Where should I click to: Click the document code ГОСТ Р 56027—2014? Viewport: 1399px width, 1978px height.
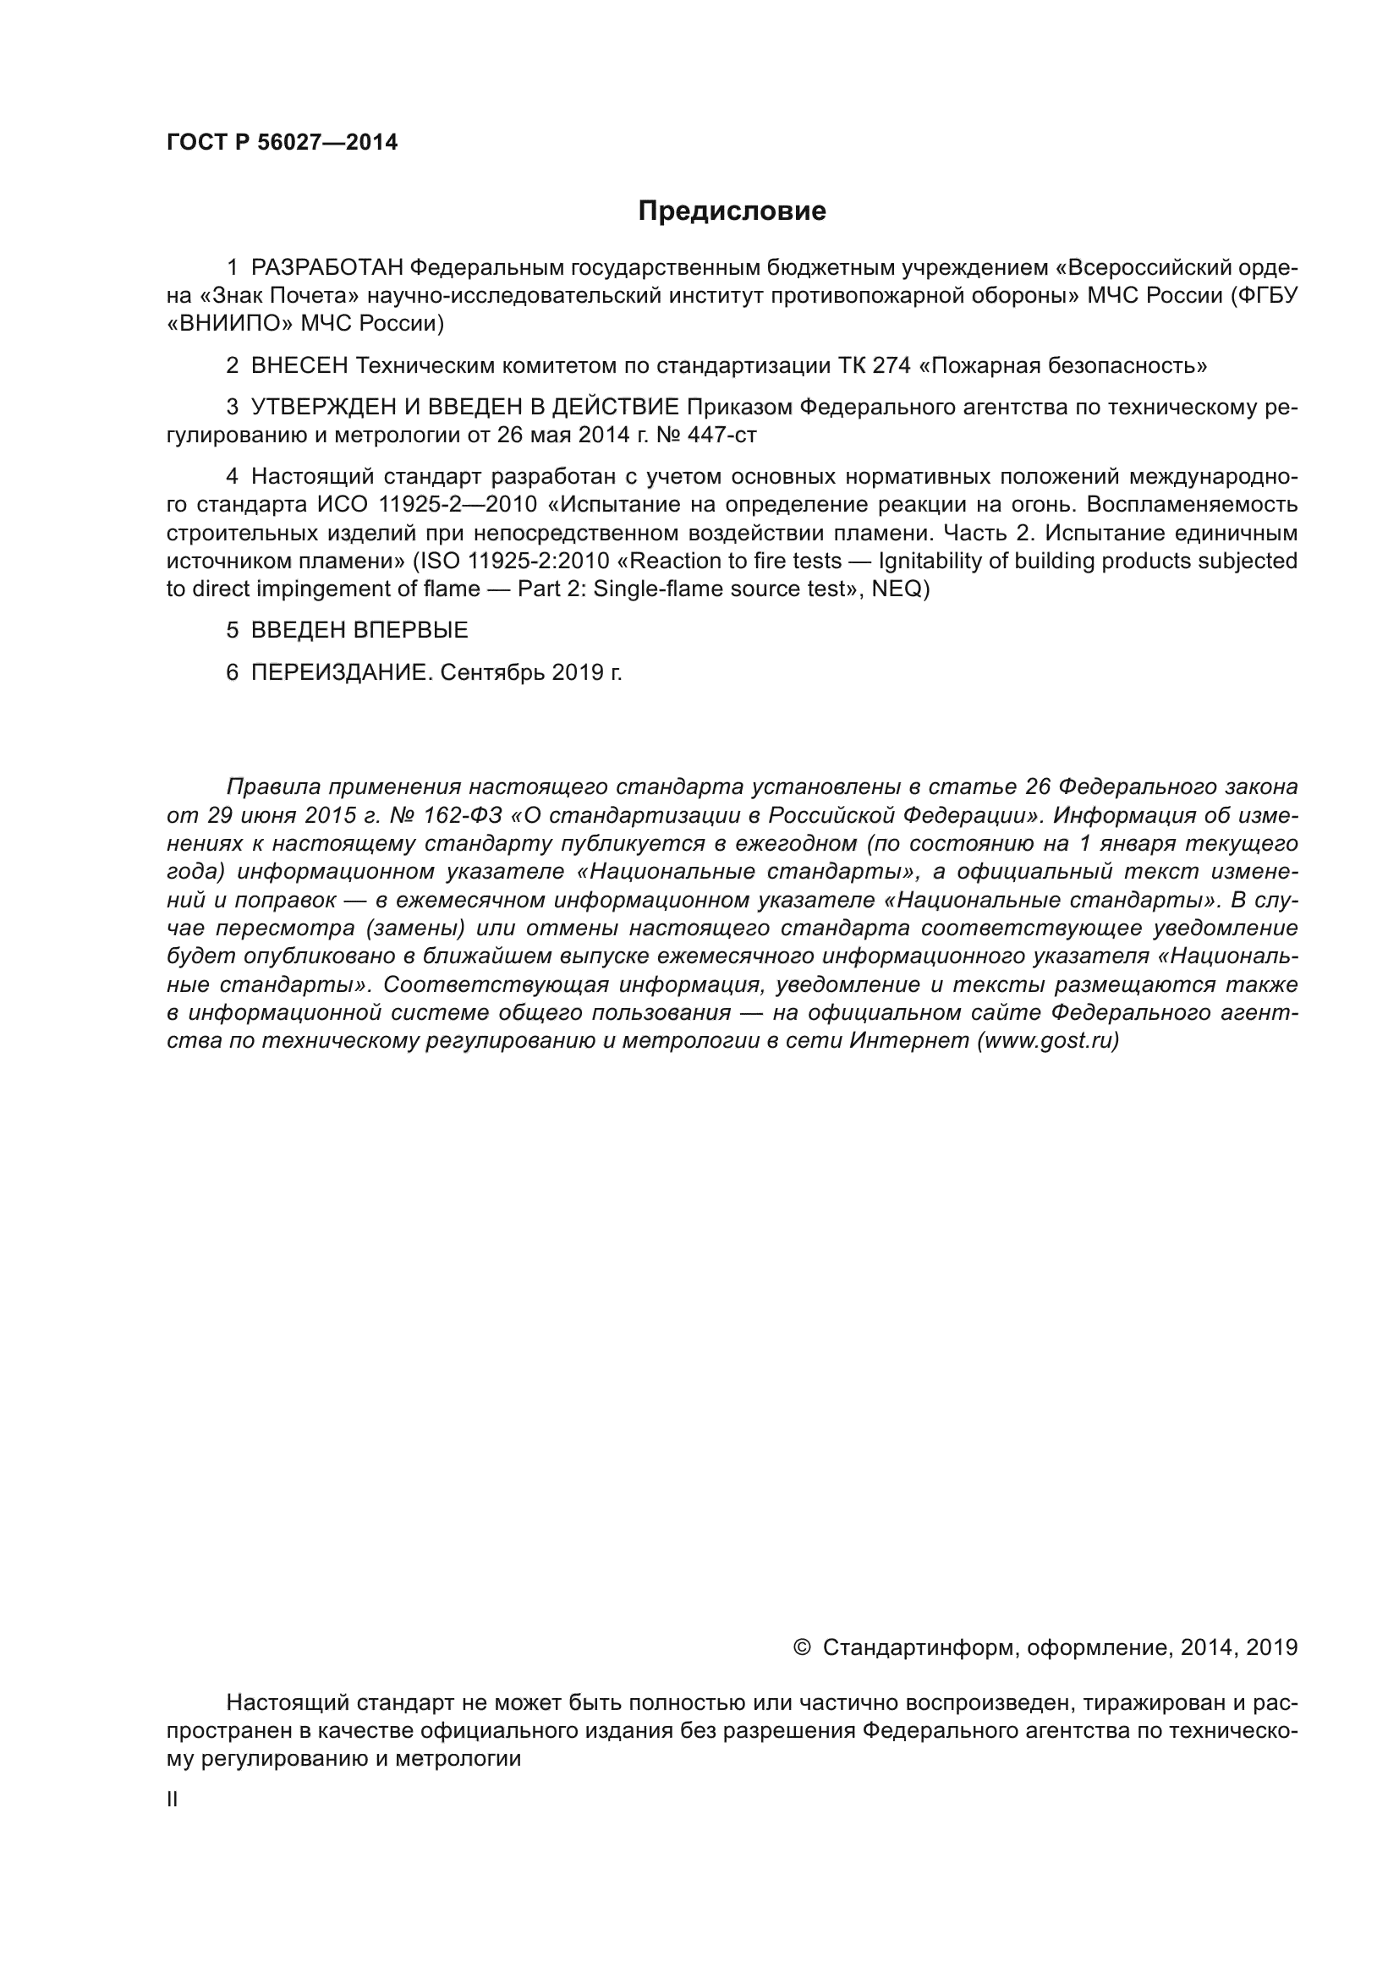(283, 142)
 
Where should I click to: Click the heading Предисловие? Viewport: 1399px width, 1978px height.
(732, 211)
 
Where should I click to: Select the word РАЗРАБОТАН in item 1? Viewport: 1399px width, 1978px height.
(327, 268)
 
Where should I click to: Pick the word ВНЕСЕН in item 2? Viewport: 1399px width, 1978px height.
(299, 366)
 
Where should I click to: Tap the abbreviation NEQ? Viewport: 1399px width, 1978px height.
(897, 590)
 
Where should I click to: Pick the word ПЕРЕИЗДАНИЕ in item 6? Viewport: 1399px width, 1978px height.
(339, 673)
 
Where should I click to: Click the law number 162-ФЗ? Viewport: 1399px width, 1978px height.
(463, 815)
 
